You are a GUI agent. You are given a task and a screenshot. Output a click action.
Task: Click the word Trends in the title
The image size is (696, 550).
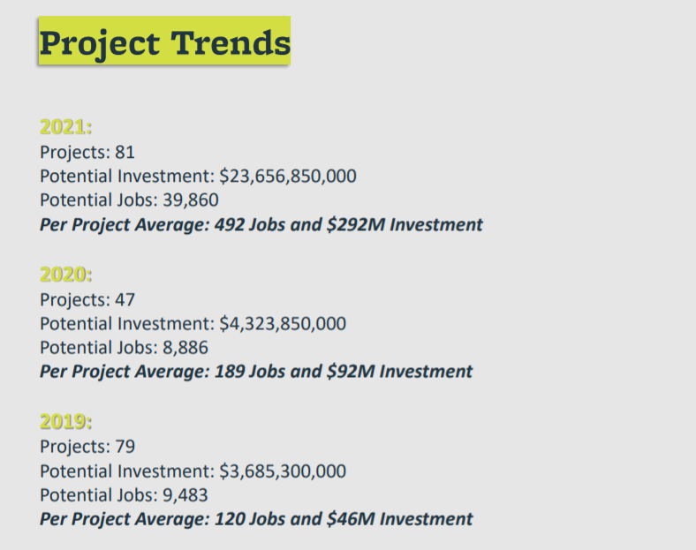tap(231, 43)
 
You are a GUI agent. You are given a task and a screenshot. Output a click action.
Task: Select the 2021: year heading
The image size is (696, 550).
tap(65, 127)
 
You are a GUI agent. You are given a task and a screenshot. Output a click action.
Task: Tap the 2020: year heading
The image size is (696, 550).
tap(65, 275)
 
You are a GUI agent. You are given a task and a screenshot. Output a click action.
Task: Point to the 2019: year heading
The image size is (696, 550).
tap(65, 421)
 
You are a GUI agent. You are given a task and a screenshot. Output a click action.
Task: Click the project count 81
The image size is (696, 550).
tap(125, 152)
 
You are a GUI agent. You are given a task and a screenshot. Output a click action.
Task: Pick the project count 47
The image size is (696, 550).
tap(125, 300)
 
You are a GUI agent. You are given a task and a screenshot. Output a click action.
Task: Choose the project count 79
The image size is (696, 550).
tap(125, 447)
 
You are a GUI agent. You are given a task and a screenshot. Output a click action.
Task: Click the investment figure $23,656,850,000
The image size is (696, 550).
tap(288, 176)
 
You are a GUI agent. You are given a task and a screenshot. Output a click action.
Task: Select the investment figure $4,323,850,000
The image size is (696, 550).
tap(283, 324)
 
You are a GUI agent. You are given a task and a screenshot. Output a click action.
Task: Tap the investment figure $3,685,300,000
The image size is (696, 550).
tap(283, 471)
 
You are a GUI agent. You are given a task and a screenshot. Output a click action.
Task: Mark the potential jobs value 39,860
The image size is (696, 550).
tap(191, 200)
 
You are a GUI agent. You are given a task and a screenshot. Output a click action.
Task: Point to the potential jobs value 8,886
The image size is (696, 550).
tap(185, 348)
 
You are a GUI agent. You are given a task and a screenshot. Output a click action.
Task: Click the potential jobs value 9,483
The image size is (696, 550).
tap(185, 495)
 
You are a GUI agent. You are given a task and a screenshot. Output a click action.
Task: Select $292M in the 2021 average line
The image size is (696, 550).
tap(356, 224)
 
